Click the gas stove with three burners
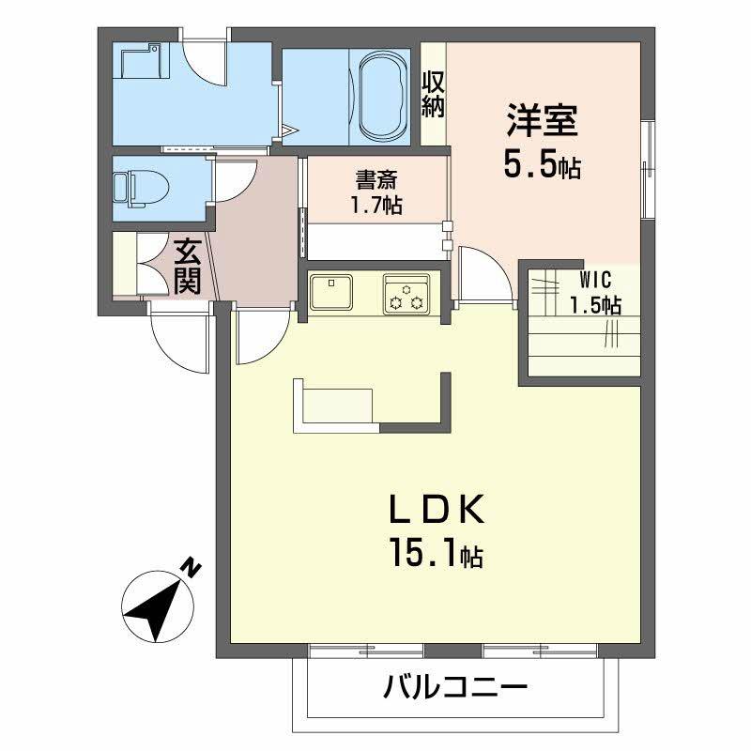pyautogui.click(x=406, y=293)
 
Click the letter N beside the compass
pyautogui.click(x=192, y=566)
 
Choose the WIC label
pyautogui.click(x=595, y=279)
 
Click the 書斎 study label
pyautogui.click(x=376, y=177)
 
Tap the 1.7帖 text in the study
pyautogui.click(x=376, y=206)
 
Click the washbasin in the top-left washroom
pyautogui.click(x=138, y=62)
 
